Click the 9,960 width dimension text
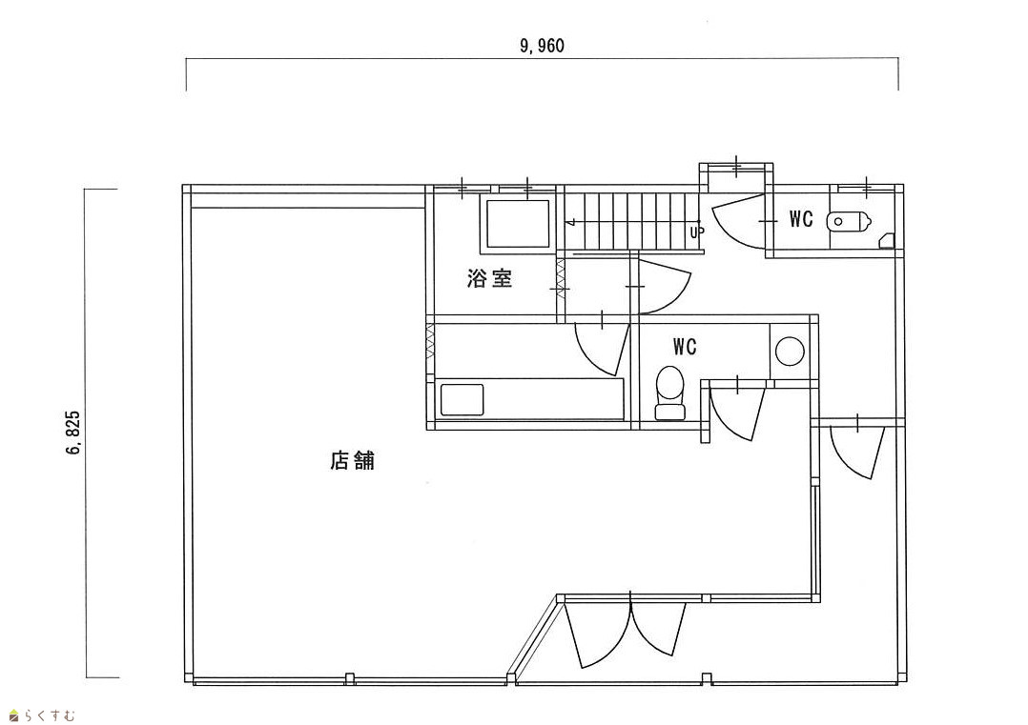543,46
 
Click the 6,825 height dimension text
73,433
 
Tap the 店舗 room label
352,462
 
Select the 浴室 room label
490,279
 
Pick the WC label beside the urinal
801,220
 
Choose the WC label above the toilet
685,346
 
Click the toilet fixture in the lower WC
671,393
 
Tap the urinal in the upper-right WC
848,221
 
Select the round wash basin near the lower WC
791,352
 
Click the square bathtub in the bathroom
519,225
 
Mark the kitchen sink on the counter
463,398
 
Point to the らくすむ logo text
49,715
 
